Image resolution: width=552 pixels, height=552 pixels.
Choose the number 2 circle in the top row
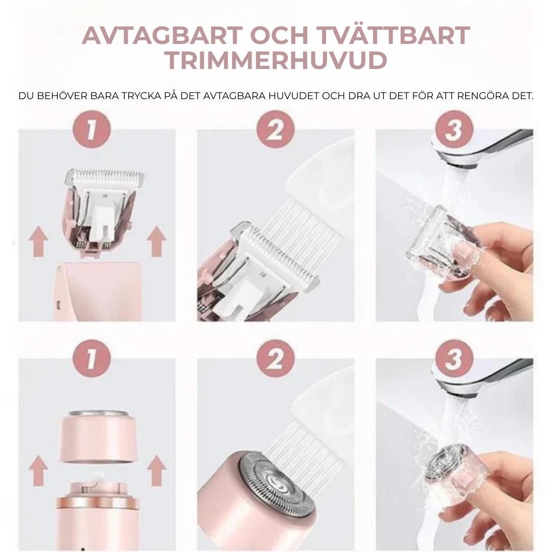pos(275,129)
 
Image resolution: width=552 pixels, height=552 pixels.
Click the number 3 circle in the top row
pos(453,129)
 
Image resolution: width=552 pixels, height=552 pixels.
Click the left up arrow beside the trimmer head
pos(38,242)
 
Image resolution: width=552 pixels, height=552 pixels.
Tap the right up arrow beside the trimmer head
pos(156,242)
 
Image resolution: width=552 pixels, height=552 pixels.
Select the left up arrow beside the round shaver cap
pos(38,471)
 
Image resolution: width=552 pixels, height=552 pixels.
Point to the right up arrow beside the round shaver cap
pos(156,471)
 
